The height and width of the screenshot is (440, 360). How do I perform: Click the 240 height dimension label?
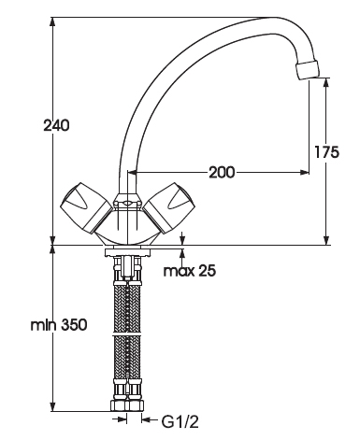[x=56, y=125]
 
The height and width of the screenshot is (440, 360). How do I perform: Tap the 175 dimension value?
[x=326, y=152]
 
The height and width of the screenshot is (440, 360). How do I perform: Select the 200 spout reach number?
[x=222, y=172]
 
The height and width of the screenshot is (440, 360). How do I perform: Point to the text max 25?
[x=190, y=271]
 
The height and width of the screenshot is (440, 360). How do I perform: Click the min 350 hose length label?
[x=59, y=325]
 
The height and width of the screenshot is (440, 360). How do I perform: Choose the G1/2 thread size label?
[x=180, y=422]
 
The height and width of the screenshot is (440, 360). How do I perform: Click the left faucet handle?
[x=85, y=207]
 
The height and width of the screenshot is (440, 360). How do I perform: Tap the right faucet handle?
[x=169, y=207]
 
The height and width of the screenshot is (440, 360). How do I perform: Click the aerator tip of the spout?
[x=308, y=69]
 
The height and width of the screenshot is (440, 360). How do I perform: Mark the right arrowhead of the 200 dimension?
[x=305, y=172]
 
